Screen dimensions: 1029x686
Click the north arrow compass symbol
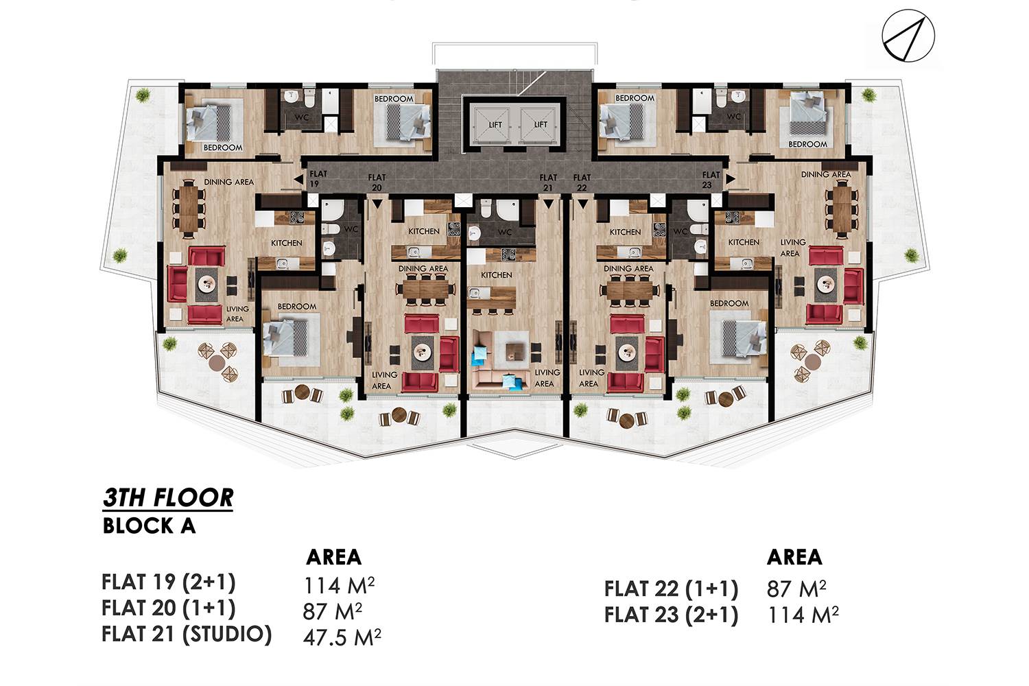[x=908, y=36]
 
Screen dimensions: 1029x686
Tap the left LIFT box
[x=492, y=125]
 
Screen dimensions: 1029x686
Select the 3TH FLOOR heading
[x=168, y=497]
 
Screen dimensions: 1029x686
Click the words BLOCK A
[x=150, y=526]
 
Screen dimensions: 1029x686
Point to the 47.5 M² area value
[x=342, y=637]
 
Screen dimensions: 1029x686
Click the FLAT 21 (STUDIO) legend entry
[x=187, y=634]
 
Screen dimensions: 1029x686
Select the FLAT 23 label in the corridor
[x=710, y=180]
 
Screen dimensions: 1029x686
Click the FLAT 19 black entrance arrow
[x=298, y=179]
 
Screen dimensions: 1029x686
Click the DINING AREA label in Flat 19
[x=228, y=182]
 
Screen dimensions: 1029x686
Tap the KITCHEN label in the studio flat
[x=496, y=275]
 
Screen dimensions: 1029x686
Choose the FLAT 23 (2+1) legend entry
[x=671, y=615]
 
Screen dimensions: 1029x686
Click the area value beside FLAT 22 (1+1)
[x=796, y=589]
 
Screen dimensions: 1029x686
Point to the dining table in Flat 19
[x=189, y=209]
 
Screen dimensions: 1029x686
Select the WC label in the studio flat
[x=504, y=232]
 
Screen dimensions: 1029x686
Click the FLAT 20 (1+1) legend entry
[x=168, y=608]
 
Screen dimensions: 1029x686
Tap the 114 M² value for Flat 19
[x=339, y=585]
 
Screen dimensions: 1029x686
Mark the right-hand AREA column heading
[x=794, y=557]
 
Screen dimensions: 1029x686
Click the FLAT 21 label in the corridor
[x=548, y=182]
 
